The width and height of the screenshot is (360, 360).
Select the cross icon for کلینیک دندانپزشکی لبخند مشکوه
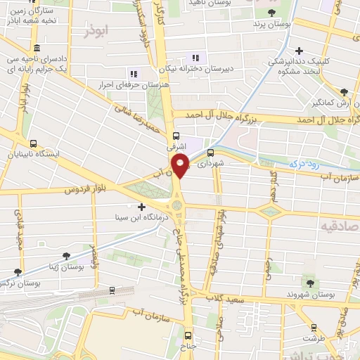point(300,51)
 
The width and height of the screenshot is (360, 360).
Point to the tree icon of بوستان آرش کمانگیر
point(344,91)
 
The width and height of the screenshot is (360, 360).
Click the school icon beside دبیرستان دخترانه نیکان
point(195,58)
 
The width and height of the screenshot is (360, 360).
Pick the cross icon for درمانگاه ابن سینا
point(142,207)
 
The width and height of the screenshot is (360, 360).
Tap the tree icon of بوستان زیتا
point(66,256)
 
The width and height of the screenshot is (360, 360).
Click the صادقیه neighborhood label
point(338,227)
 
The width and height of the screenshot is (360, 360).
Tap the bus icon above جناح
point(188,335)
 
